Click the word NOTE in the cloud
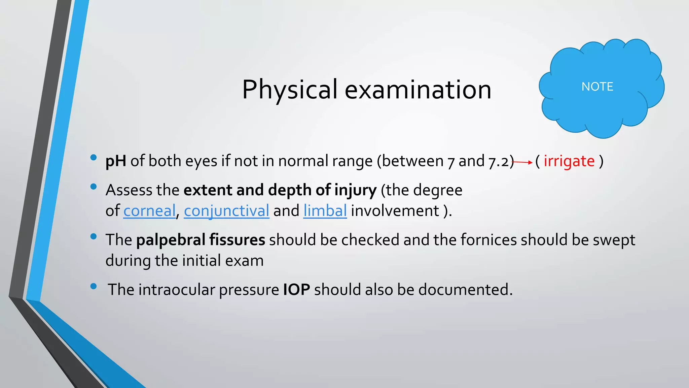597,87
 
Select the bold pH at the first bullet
116,161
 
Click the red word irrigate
569,161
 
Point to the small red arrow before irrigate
522,162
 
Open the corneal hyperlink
149,211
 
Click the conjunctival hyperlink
226,211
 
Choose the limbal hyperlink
325,211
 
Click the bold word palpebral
171,240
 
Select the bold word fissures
237,240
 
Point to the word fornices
488,240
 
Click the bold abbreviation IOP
296,290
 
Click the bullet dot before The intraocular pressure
94,286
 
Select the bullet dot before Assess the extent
94,187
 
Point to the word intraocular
177,290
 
